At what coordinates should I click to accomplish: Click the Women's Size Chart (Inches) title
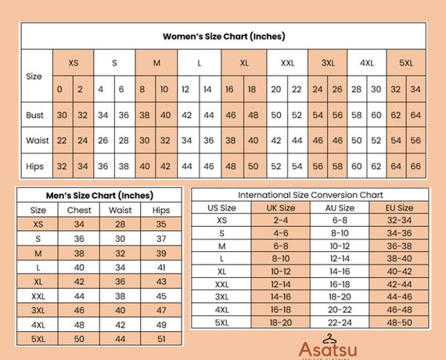click(x=223, y=36)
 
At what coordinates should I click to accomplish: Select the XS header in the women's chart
click(x=74, y=63)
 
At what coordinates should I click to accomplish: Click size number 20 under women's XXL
click(x=275, y=89)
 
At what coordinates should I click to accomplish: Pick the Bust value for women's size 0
click(x=60, y=115)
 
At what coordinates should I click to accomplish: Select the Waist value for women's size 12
click(x=186, y=142)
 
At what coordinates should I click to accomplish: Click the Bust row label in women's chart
click(x=34, y=115)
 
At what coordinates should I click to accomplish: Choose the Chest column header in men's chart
click(x=78, y=210)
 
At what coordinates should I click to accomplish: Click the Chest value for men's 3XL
click(x=78, y=311)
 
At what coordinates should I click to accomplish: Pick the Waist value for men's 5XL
click(x=120, y=339)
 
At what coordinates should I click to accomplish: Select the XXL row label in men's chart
click(x=38, y=297)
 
